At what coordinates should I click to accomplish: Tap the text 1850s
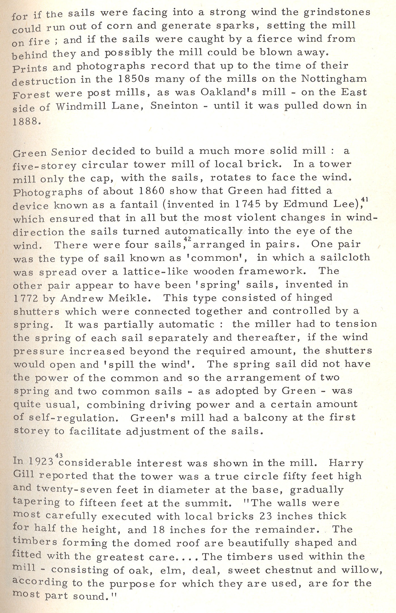tap(133, 79)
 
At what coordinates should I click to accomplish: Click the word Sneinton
tap(174, 106)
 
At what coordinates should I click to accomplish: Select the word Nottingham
tap(334, 78)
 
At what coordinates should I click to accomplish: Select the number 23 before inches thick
tap(266, 516)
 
